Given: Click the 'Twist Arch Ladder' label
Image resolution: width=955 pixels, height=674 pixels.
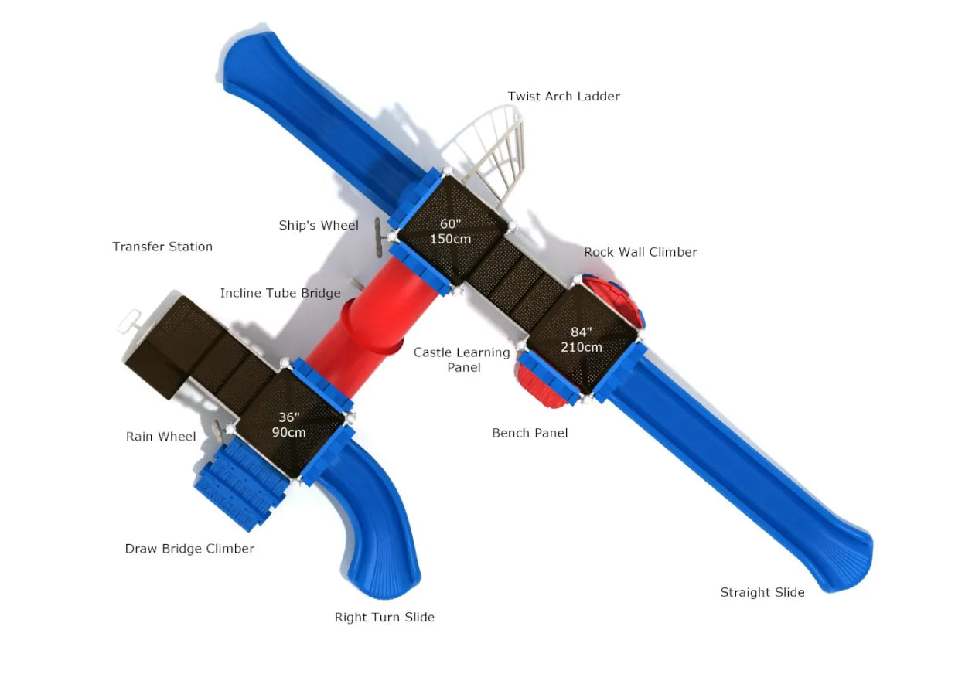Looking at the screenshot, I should (564, 97).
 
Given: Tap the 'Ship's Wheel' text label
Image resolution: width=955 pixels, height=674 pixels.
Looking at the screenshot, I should (319, 226).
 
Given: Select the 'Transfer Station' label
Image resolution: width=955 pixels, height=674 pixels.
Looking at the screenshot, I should (162, 247).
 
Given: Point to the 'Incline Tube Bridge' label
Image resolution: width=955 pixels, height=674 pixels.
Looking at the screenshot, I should (280, 294).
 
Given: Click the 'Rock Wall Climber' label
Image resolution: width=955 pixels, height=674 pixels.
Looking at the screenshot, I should (640, 253).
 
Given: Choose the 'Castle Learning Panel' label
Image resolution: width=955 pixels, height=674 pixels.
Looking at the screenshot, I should (462, 359).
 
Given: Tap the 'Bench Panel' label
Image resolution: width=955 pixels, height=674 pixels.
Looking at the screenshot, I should (530, 434).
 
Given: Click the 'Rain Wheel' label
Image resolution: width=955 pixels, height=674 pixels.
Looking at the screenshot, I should (161, 437).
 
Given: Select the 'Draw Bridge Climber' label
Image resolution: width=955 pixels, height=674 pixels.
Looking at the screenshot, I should (189, 550).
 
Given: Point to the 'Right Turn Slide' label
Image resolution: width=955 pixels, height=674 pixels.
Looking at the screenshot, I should (384, 618).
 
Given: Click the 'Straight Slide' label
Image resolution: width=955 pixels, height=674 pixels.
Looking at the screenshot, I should (762, 593).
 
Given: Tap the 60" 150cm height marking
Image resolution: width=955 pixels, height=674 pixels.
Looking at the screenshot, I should (450, 231).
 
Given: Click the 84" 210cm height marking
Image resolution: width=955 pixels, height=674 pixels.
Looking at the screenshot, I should (582, 340).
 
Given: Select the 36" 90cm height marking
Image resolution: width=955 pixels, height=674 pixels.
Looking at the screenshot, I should (288, 424).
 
